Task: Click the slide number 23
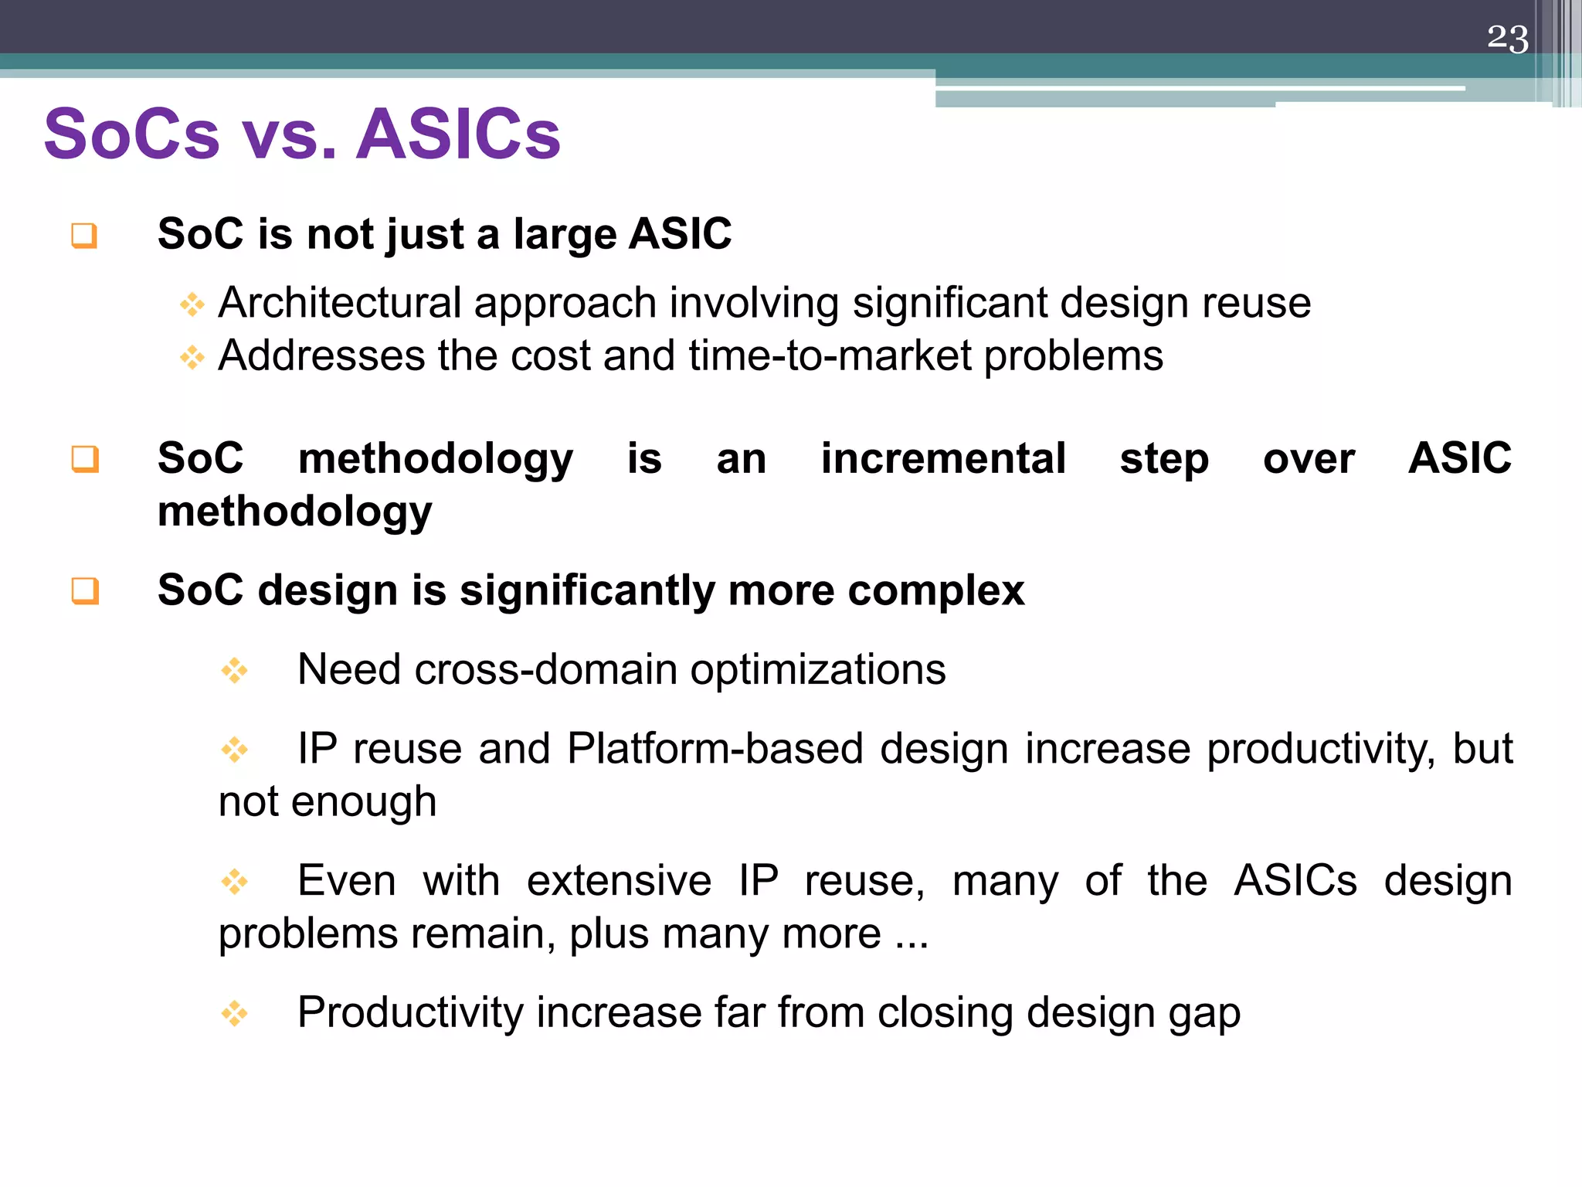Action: [x=1507, y=38]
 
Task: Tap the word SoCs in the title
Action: [x=132, y=134]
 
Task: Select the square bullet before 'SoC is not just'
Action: [x=84, y=235]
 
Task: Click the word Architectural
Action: [x=340, y=303]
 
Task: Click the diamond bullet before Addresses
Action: [x=192, y=357]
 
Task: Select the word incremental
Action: [x=943, y=458]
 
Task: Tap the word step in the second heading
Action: [x=1164, y=460]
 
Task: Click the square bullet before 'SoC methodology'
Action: [x=84, y=459]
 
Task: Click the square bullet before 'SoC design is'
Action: [x=84, y=591]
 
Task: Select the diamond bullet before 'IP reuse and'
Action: [x=234, y=749]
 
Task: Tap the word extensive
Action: [x=619, y=881]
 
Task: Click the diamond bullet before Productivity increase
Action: [x=234, y=1013]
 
